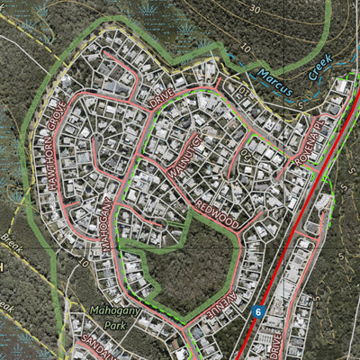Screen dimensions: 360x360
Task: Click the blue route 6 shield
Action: pos(257,311)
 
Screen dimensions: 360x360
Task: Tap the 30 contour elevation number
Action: pos(256,8)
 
